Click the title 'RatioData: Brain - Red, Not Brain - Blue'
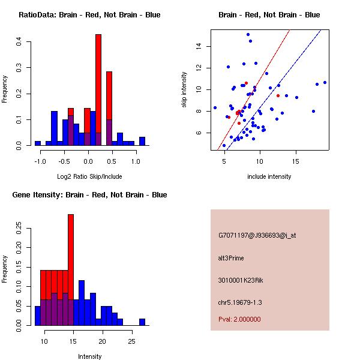pos(89,15)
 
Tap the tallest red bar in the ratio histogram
pos(98,90)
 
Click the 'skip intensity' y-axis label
pos(185,90)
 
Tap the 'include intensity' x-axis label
pos(269,176)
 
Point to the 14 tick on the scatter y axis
pos(204,46)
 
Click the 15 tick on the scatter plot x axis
pos(296,161)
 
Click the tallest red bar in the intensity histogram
pos(71,269)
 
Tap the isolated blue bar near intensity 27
pos(142,322)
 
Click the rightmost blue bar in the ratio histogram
pos(142,142)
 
